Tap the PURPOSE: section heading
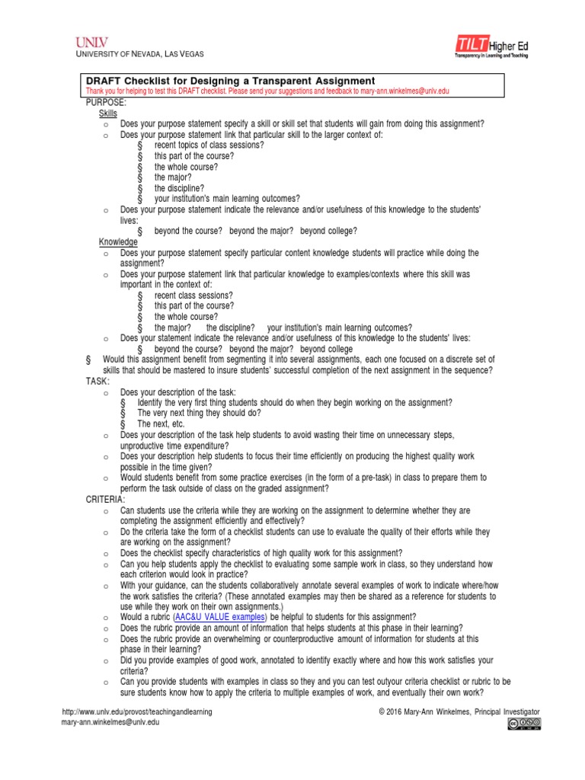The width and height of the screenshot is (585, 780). (106, 102)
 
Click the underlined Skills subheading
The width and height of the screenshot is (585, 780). (108, 113)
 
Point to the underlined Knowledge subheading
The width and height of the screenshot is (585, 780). (118, 242)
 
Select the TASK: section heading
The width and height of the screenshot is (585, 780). (97, 381)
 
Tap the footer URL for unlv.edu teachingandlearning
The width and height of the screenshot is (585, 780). (136, 711)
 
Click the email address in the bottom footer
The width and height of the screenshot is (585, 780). (110, 722)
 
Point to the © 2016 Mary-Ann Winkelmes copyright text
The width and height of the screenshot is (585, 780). (459, 711)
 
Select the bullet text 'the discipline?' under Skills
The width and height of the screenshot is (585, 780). (179, 188)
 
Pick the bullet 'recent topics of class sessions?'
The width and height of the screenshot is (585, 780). (209, 145)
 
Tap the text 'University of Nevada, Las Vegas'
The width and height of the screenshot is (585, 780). (139, 53)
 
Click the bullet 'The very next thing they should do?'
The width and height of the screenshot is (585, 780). (199, 413)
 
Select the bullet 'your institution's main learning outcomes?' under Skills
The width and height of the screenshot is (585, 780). (227, 199)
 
